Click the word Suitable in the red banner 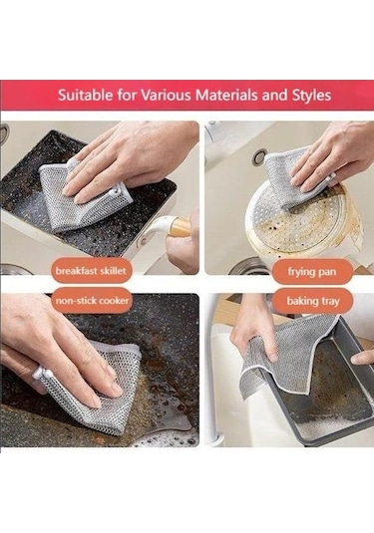pos(85,95)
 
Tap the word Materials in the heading pos(227,95)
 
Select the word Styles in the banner pos(311,96)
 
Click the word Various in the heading pos(166,95)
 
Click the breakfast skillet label pos(91,271)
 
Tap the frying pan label pos(312,272)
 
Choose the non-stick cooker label pos(92,301)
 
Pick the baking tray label pos(313,301)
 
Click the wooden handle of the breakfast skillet pos(179,226)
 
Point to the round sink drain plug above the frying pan pos(258,157)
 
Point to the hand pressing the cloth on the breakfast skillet pos(131,159)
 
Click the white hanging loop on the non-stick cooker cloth pos(40,373)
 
